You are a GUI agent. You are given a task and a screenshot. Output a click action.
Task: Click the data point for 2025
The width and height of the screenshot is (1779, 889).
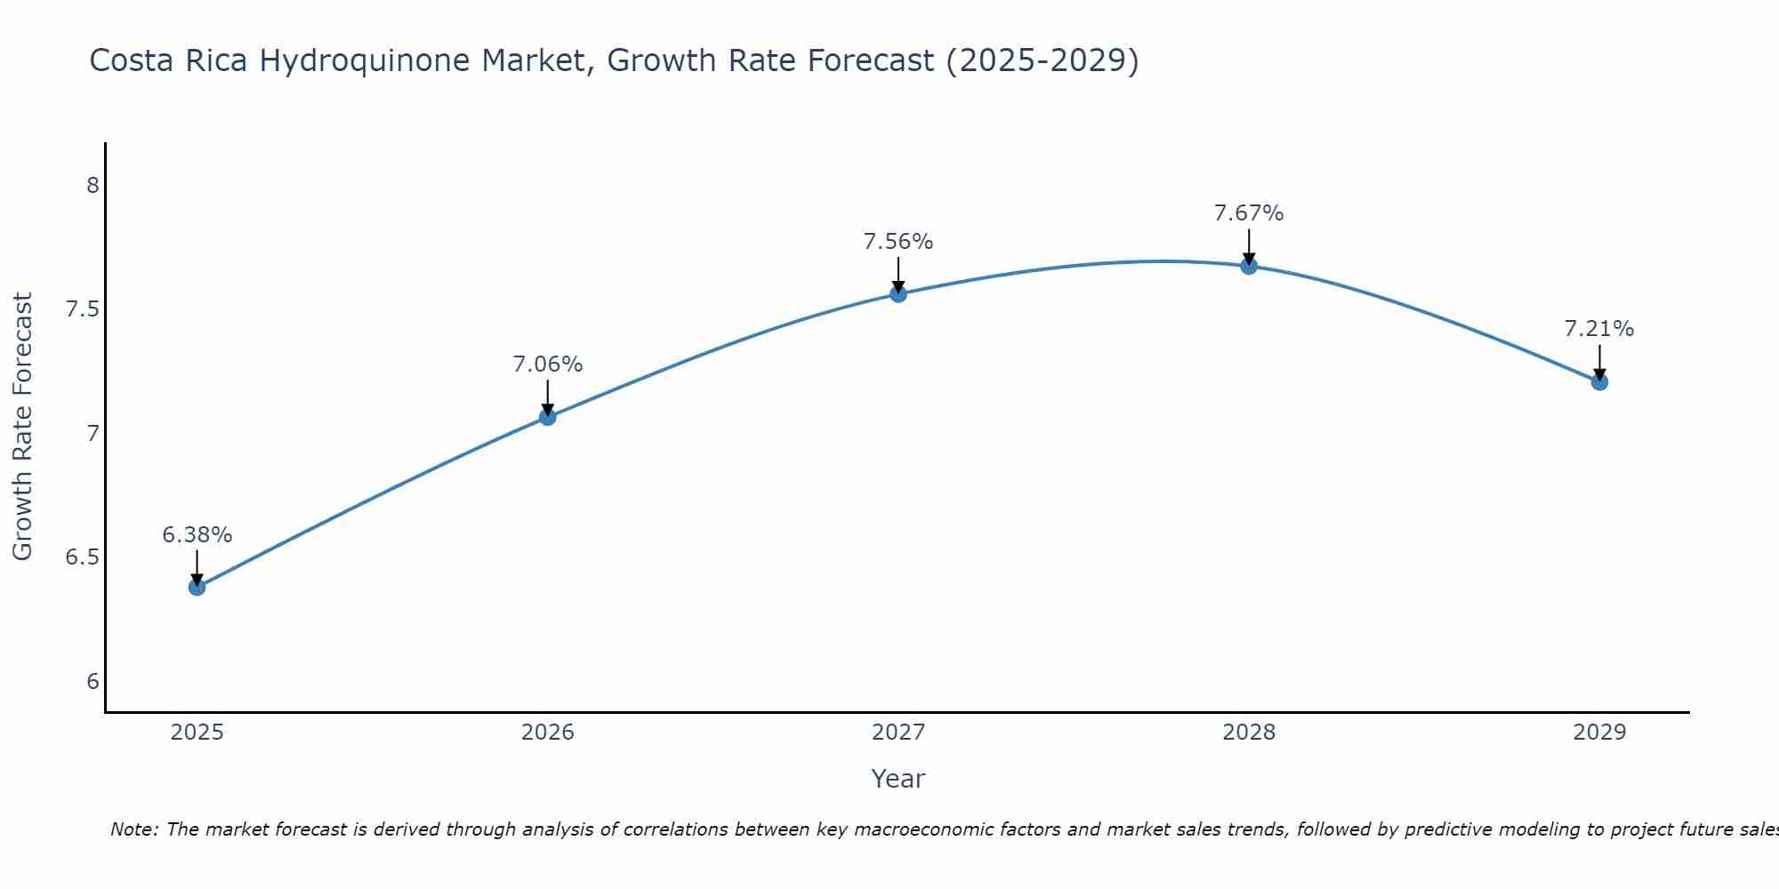coord(197,587)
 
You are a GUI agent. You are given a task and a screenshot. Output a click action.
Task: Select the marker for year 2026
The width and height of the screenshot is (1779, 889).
coord(547,417)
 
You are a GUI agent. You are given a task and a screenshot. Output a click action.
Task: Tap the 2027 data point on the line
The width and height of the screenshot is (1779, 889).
coord(898,293)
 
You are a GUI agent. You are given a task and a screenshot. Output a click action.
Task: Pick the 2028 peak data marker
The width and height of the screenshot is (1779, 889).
coord(1249,266)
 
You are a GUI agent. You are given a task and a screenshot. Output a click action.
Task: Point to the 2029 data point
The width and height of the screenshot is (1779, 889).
coord(1599,381)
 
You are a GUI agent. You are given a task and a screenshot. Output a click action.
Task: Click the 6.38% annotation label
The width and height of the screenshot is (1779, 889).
coord(197,535)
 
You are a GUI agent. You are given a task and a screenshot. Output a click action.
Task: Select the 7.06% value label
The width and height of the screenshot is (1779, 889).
coord(547,364)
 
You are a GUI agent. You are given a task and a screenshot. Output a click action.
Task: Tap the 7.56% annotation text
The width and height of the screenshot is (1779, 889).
coord(898,242)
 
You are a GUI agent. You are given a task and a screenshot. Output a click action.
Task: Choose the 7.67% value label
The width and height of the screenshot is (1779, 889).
coord(1249,213)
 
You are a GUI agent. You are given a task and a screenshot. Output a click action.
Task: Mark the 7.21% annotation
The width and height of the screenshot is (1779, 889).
coord(1599,329)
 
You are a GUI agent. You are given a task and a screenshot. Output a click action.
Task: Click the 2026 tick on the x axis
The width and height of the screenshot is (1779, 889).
coord(547,733)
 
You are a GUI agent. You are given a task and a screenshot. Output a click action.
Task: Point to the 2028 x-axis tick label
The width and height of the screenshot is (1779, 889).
coord(1249,733)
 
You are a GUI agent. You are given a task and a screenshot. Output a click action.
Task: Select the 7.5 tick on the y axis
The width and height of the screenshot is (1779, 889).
coord(81,309)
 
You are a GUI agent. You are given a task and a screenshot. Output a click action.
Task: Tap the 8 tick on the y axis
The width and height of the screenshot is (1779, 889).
coord(93,186)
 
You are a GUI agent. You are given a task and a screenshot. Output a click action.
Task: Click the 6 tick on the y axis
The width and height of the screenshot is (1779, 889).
coord(93,682)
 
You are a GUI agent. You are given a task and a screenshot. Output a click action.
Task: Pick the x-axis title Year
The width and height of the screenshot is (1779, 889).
coord(898,779)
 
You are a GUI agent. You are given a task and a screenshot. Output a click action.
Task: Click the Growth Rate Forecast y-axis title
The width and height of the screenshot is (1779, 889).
coord(22,426)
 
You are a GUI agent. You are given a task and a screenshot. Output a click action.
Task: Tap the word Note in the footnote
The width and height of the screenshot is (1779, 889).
coord(133,829)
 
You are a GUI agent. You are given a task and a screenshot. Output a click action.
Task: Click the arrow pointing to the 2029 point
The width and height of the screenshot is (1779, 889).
coord(1599,361)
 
